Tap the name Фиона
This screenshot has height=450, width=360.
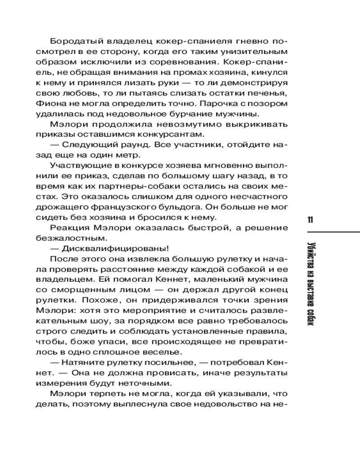(49, 103)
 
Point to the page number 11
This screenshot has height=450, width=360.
(310, 220)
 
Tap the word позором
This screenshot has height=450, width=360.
(272, 103)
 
